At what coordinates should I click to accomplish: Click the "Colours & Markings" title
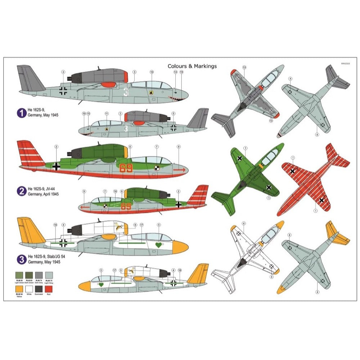[x=192, y=66]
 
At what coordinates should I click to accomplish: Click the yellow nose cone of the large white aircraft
[x=180, y=247]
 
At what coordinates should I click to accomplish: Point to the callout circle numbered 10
[x=152, y=72]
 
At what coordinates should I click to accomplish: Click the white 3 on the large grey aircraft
[x=126, y=92]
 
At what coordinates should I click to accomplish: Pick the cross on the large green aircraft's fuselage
[x=56, y=166]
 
